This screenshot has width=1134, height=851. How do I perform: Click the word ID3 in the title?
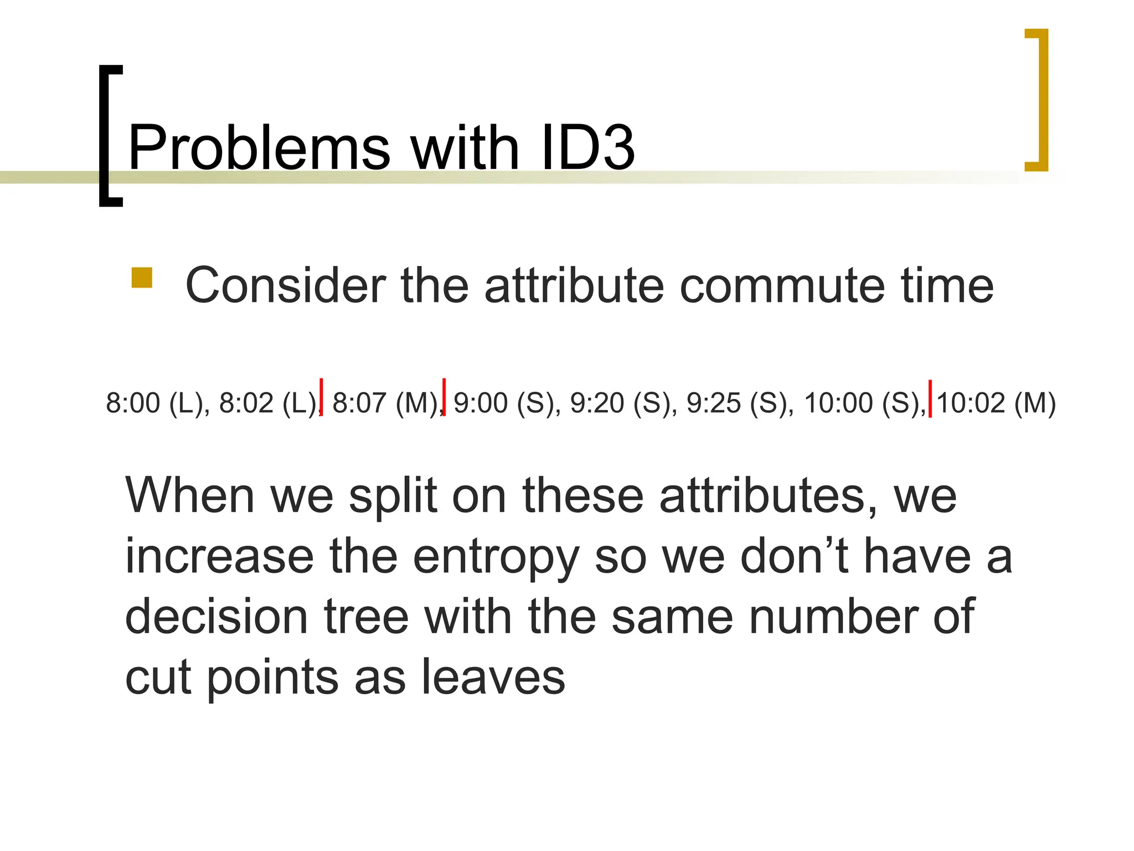coord(588,148)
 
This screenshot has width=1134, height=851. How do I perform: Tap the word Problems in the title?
coord(259,148)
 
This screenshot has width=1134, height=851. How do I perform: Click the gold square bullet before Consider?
coord(142,278)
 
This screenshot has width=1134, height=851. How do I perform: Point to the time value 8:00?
coord(133,403)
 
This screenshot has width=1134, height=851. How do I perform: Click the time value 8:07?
coord(359,403)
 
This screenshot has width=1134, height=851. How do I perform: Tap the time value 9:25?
coord(713,403)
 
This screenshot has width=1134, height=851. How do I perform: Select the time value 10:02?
coord(970,403)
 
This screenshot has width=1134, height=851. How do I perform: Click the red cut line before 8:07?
coord(322,397)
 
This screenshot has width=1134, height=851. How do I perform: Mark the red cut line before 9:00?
coord(444,397)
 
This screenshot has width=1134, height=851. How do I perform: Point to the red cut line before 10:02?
coord(930,398)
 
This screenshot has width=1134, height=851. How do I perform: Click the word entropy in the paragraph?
coord(496,557)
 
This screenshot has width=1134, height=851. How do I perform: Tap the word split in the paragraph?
coord(393,496)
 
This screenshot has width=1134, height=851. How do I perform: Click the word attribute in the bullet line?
coord(574,286)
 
